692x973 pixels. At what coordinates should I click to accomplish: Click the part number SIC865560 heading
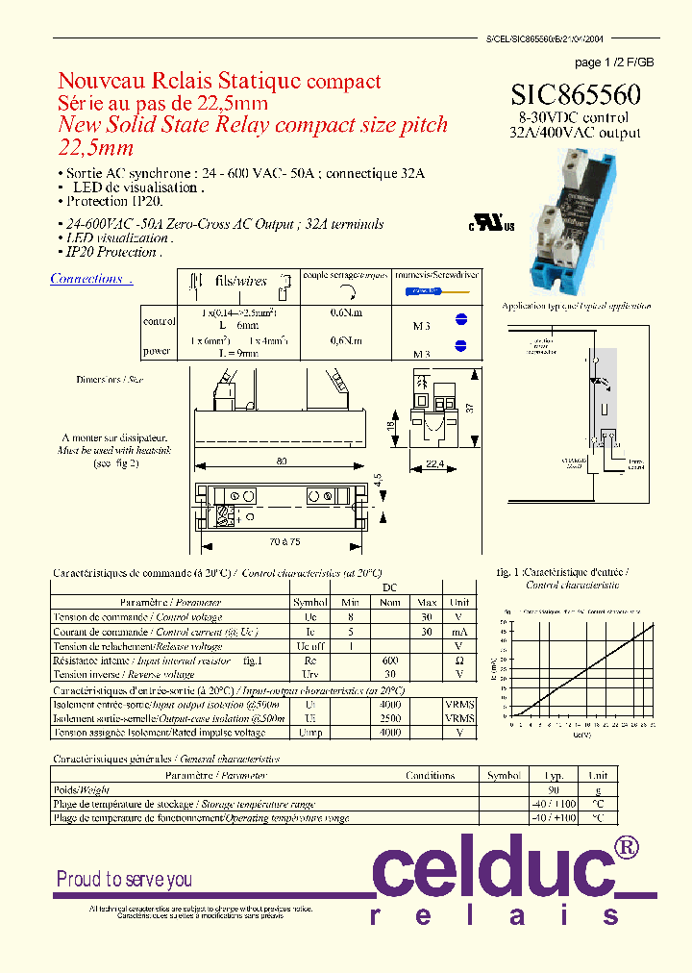point(576,94)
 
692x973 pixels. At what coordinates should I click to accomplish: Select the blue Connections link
point(90,279)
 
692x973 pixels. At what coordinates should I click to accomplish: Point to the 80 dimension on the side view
point(282,462)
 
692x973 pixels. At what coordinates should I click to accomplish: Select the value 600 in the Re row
point(389,661)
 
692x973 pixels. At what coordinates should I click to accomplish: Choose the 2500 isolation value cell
point(389,718)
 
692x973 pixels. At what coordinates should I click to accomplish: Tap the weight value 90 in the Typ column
point(554,789)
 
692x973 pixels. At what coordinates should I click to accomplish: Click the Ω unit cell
point(458,661)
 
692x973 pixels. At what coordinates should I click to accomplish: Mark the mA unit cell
point(458,632)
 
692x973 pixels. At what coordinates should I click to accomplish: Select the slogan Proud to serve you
point(124,879)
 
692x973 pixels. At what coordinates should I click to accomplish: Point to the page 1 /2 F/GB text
point(614,62)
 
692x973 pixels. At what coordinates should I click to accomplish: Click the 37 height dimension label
point(470,407)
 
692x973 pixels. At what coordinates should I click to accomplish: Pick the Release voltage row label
point(136,646)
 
